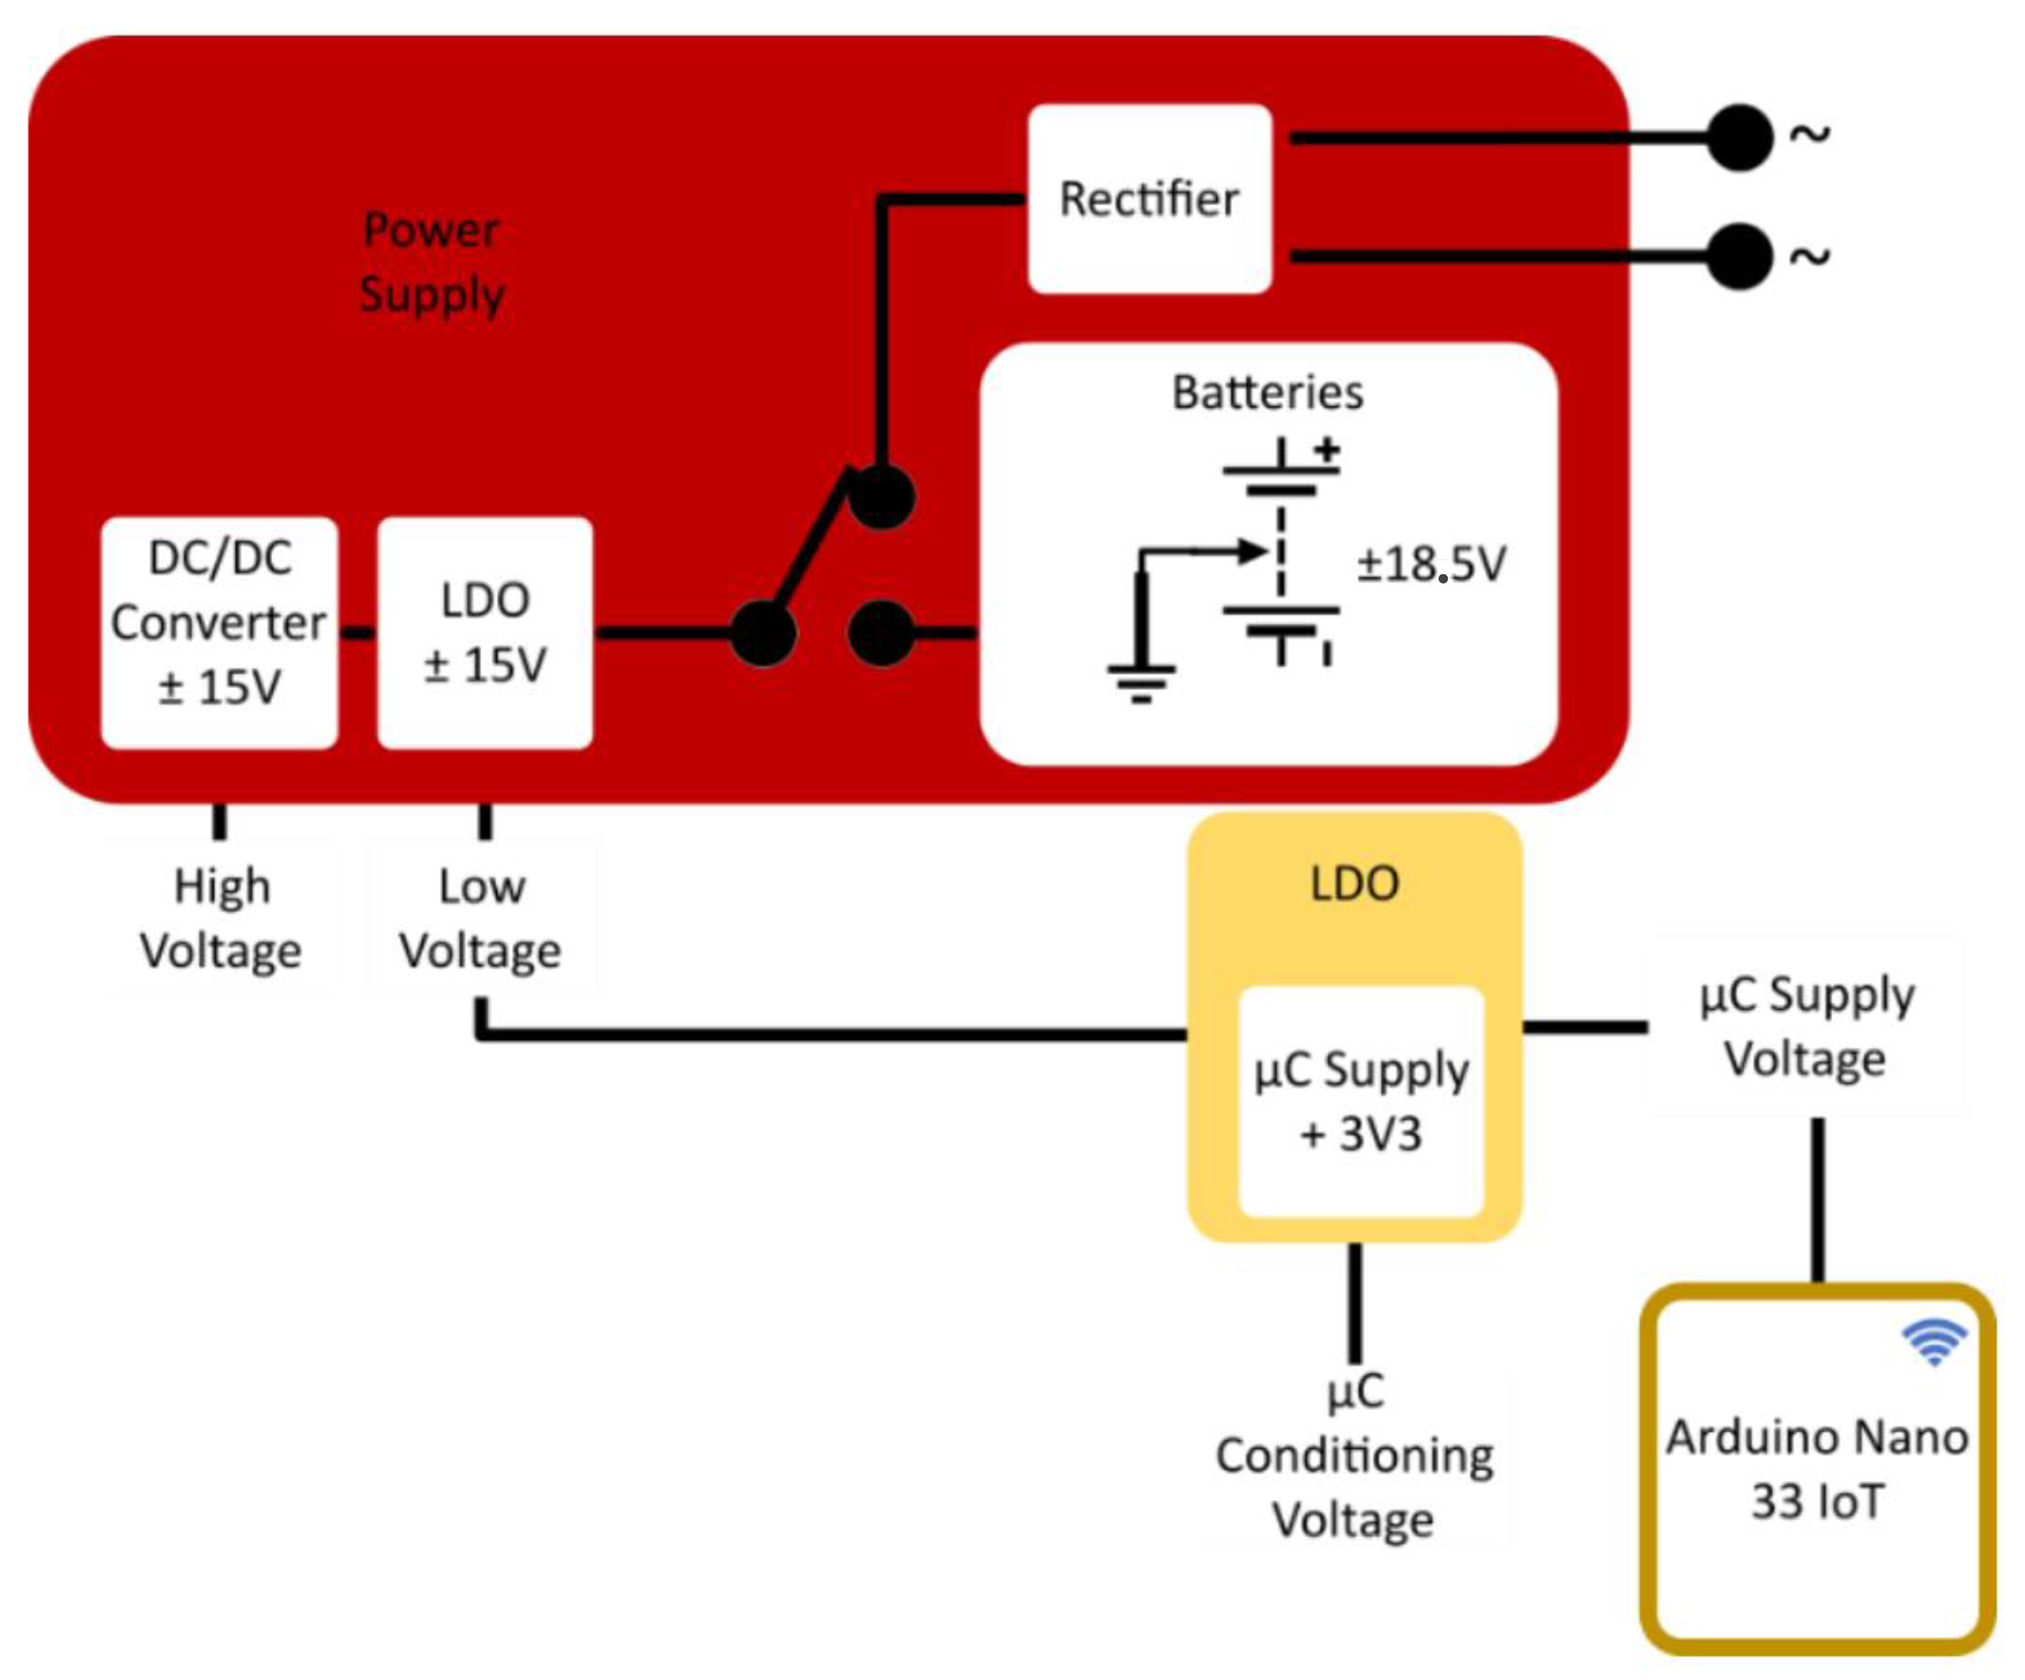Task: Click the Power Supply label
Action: [x=431, y=261]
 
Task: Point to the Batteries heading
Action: [x=1267, y=392]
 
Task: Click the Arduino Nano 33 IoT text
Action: [x=1817, y=1469]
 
